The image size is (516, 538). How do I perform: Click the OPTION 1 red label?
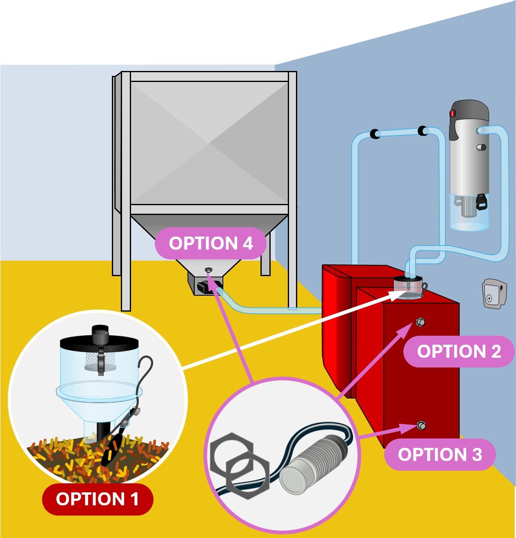(98, 499)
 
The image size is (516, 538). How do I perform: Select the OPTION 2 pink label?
(458, 351)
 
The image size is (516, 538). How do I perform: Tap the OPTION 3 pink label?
(440, 454)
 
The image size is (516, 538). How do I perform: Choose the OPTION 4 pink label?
(211, 243)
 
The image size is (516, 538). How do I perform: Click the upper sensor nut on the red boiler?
(420, 322)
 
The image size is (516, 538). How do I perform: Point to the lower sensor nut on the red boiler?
(422, 426)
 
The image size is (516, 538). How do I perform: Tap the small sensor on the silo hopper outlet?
(209, 270)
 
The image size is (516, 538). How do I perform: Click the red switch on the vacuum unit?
(452, 113)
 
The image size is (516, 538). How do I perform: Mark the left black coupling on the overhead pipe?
(374, 133)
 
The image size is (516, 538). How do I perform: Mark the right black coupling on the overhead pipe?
(423, 131)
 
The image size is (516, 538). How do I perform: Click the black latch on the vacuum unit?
(482, 202)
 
